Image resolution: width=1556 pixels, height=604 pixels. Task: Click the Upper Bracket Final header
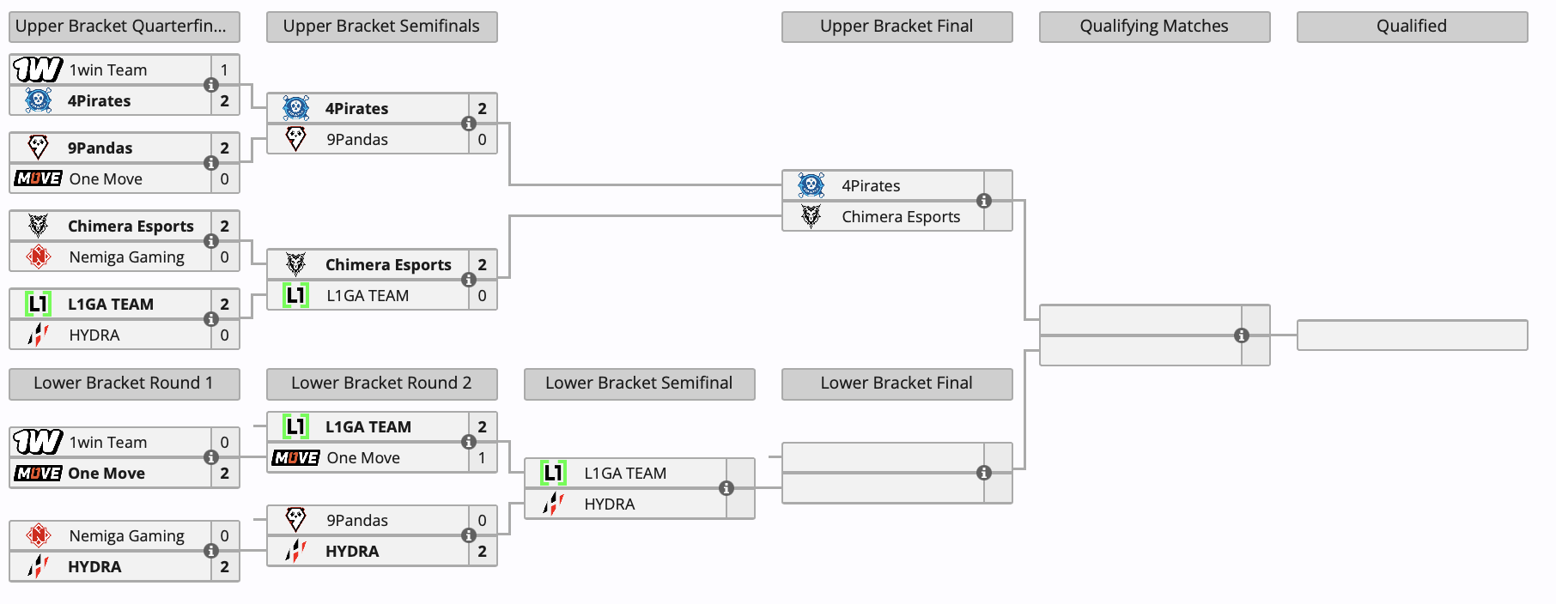point(897,27)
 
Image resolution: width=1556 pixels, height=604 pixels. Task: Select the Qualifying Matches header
point(1154,27)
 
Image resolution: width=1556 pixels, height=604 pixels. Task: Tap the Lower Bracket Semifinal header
point(639,384)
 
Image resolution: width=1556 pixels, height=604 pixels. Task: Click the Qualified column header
point(1412,27)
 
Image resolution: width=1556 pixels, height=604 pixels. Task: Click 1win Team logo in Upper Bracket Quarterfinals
point(38,69)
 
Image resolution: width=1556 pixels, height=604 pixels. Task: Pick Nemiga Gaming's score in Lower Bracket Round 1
point(224,536)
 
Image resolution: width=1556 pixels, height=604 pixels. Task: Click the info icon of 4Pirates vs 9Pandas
point(469,124)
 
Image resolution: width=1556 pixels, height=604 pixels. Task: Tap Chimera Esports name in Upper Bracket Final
point(900,217)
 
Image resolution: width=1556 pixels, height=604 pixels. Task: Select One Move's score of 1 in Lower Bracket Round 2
point(482,458)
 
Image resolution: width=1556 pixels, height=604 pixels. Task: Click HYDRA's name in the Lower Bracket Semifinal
point(609,504)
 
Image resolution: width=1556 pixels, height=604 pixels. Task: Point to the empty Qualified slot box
point(1412,335)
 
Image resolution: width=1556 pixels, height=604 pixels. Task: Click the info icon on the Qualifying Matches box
point(1242,335)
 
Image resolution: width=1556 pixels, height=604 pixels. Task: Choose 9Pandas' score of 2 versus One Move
point(224,148)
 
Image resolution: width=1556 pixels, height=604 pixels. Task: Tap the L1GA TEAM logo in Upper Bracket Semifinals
point(295,296)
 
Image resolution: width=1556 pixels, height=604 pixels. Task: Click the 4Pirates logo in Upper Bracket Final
point(811,185)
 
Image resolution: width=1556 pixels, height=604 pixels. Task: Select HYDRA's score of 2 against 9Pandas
point(482,552)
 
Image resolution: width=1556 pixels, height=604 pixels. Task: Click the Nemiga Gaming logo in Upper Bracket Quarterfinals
point(38,257)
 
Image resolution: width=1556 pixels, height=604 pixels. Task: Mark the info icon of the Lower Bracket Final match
point(984,473)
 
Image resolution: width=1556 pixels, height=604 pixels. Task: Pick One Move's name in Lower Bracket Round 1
point(106,474)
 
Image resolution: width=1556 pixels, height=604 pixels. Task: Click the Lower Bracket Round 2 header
point(381,384)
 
